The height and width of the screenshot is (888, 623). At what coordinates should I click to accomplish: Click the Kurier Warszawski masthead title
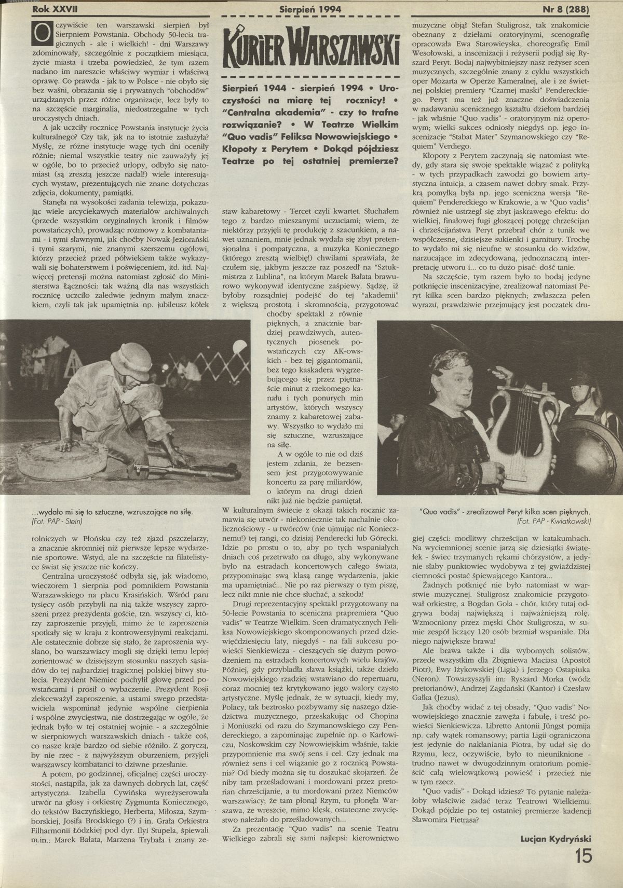click(310, 46)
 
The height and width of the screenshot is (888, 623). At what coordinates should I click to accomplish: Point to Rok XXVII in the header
click(54, 9)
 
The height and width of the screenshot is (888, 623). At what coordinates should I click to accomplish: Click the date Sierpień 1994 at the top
click(310, 9)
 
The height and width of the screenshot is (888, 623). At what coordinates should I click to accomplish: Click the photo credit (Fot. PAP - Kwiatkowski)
click(554, 520)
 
